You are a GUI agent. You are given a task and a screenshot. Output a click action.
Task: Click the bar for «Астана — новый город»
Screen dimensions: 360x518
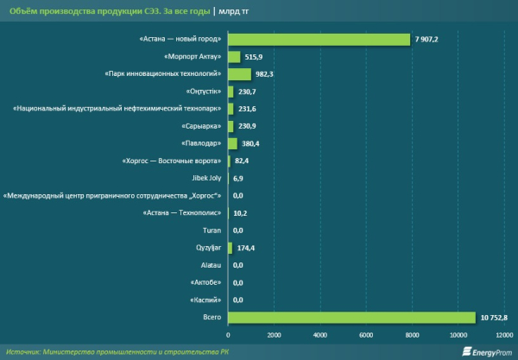(x=319, y=39)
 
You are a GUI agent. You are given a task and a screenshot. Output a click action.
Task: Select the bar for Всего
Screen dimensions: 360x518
(x=351, y=317)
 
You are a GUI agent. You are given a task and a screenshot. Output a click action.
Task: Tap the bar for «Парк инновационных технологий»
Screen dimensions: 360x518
(x=239, y=74)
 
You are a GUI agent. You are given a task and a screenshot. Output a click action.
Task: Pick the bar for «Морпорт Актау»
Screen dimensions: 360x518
(x=234, y=56)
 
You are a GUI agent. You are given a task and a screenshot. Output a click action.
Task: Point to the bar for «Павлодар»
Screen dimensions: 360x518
(x=232, y=143)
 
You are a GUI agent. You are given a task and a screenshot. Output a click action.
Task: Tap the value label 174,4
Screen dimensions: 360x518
(x=245, y=248)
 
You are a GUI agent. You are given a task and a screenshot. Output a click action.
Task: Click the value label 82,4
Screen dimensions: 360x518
(x=241, y=161)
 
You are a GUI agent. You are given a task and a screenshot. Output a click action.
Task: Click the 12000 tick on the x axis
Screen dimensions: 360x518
(x=502, y=335)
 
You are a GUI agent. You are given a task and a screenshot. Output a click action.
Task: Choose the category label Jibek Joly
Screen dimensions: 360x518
(x=204, y=178)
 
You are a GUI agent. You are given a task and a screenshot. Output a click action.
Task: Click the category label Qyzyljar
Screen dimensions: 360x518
(x=205, y=248)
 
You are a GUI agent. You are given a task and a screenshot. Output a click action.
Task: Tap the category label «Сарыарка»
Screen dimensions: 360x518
(x=201, y=126)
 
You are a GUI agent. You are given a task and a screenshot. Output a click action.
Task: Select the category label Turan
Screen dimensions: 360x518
(x=211, y=231)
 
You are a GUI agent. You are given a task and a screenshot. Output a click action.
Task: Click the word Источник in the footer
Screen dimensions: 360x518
(x=24, y=351)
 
